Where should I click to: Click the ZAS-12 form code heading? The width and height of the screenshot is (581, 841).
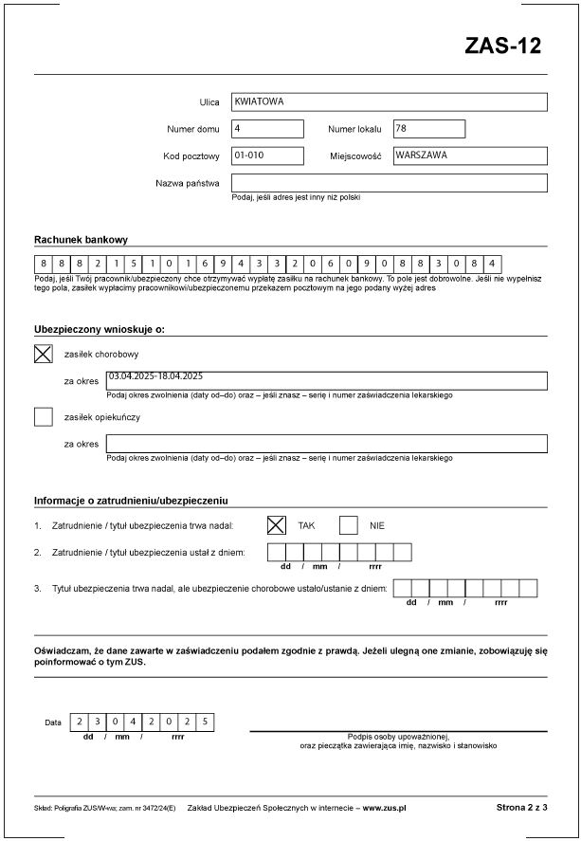click(502, 46)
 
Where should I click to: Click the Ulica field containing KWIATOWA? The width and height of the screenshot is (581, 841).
click(389, 102)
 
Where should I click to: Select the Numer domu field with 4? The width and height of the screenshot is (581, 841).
click(267, 129)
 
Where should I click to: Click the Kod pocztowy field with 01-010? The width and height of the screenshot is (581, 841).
click(267, 155)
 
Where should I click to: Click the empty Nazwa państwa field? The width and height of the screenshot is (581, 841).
click(389, 183)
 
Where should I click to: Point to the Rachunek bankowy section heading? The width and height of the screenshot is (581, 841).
click(81, 240)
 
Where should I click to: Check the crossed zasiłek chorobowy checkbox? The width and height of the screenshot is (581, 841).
click(44, 355)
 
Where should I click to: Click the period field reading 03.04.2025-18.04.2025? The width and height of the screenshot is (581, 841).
click(326, 381)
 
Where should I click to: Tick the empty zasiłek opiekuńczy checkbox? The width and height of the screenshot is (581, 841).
click(44, 416)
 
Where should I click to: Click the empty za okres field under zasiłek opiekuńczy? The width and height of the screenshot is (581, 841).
click(326, 444)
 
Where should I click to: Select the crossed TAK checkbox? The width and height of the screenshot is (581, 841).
click(277, 524)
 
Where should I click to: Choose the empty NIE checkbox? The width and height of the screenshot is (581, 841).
click(349, 524)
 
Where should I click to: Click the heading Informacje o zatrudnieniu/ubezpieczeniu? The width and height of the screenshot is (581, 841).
click(131, 500)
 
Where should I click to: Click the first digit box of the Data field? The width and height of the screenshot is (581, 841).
click(80, 722)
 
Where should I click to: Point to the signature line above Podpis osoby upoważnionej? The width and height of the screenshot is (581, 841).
click(398, 731)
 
